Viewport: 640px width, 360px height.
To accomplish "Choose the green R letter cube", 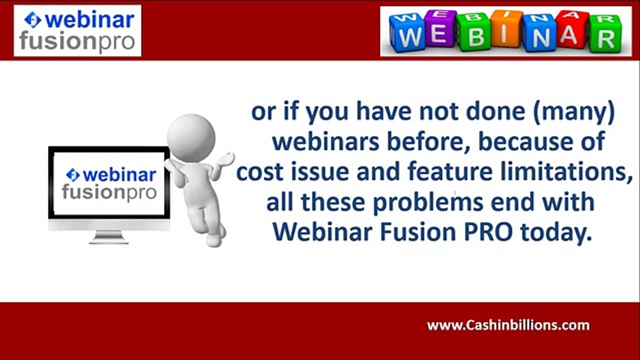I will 604,35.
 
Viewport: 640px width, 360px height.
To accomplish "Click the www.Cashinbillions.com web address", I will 508,325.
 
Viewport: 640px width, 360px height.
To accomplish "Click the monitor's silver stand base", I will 108,239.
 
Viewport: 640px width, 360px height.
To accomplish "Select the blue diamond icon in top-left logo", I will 32,20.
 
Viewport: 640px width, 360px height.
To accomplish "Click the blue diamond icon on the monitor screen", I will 73,174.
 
